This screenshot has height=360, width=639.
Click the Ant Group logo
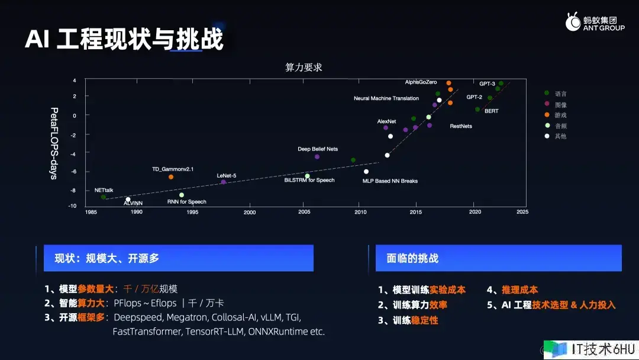click(595, 22)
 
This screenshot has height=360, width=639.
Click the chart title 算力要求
click(304, 67)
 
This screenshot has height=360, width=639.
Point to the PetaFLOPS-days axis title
click(54, 143)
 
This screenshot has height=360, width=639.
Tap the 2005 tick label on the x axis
click(304, 212)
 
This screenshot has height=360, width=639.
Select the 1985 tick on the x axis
click(91, 212)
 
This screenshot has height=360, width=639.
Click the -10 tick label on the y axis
click(72, 206)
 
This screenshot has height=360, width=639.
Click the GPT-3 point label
click(487, 83)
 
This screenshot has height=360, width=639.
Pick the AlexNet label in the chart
click(386, 121)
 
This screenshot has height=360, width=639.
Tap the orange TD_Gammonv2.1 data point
click(171, 177)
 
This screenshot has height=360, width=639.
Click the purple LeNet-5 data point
click(223, 182)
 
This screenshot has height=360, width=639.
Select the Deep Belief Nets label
click(318, 149)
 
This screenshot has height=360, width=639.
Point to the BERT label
click(492, 111)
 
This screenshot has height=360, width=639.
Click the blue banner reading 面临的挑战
click(498, 258)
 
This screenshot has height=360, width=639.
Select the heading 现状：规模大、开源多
click(106, 258)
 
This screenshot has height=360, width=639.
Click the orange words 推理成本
click(519, 290)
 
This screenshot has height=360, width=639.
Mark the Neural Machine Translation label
click(386, 98)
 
